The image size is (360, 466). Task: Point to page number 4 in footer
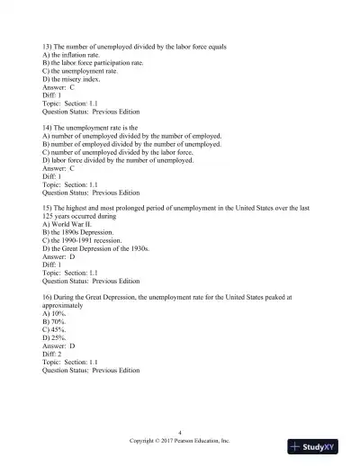pyautogui.click(x=180, y=434)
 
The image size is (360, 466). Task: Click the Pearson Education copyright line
pyautogui.click(x=180, y=442)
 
